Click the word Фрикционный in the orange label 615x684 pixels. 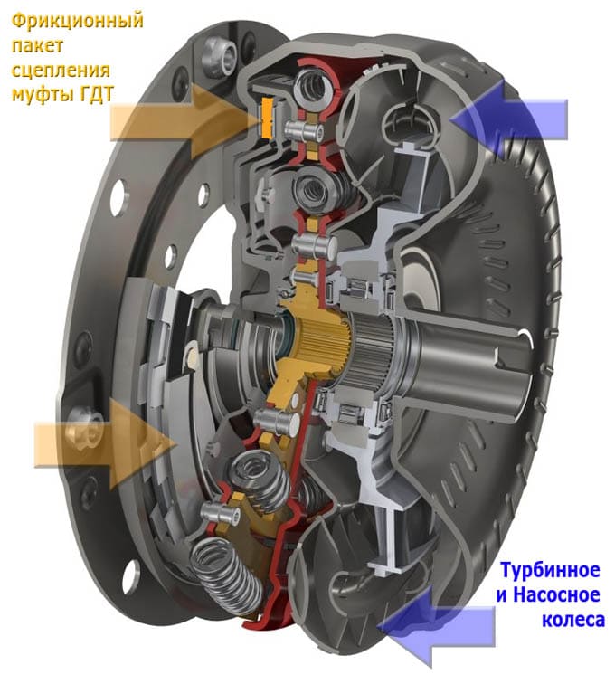[78, 21]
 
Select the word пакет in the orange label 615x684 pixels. [37, 46]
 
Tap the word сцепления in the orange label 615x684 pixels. [61, 71]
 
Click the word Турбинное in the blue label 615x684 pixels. [550, 570]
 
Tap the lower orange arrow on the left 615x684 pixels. [107, 444]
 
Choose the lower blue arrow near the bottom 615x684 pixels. [436, 625]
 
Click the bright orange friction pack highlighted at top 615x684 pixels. [267, 118]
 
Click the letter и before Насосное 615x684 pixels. [502, 595]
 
